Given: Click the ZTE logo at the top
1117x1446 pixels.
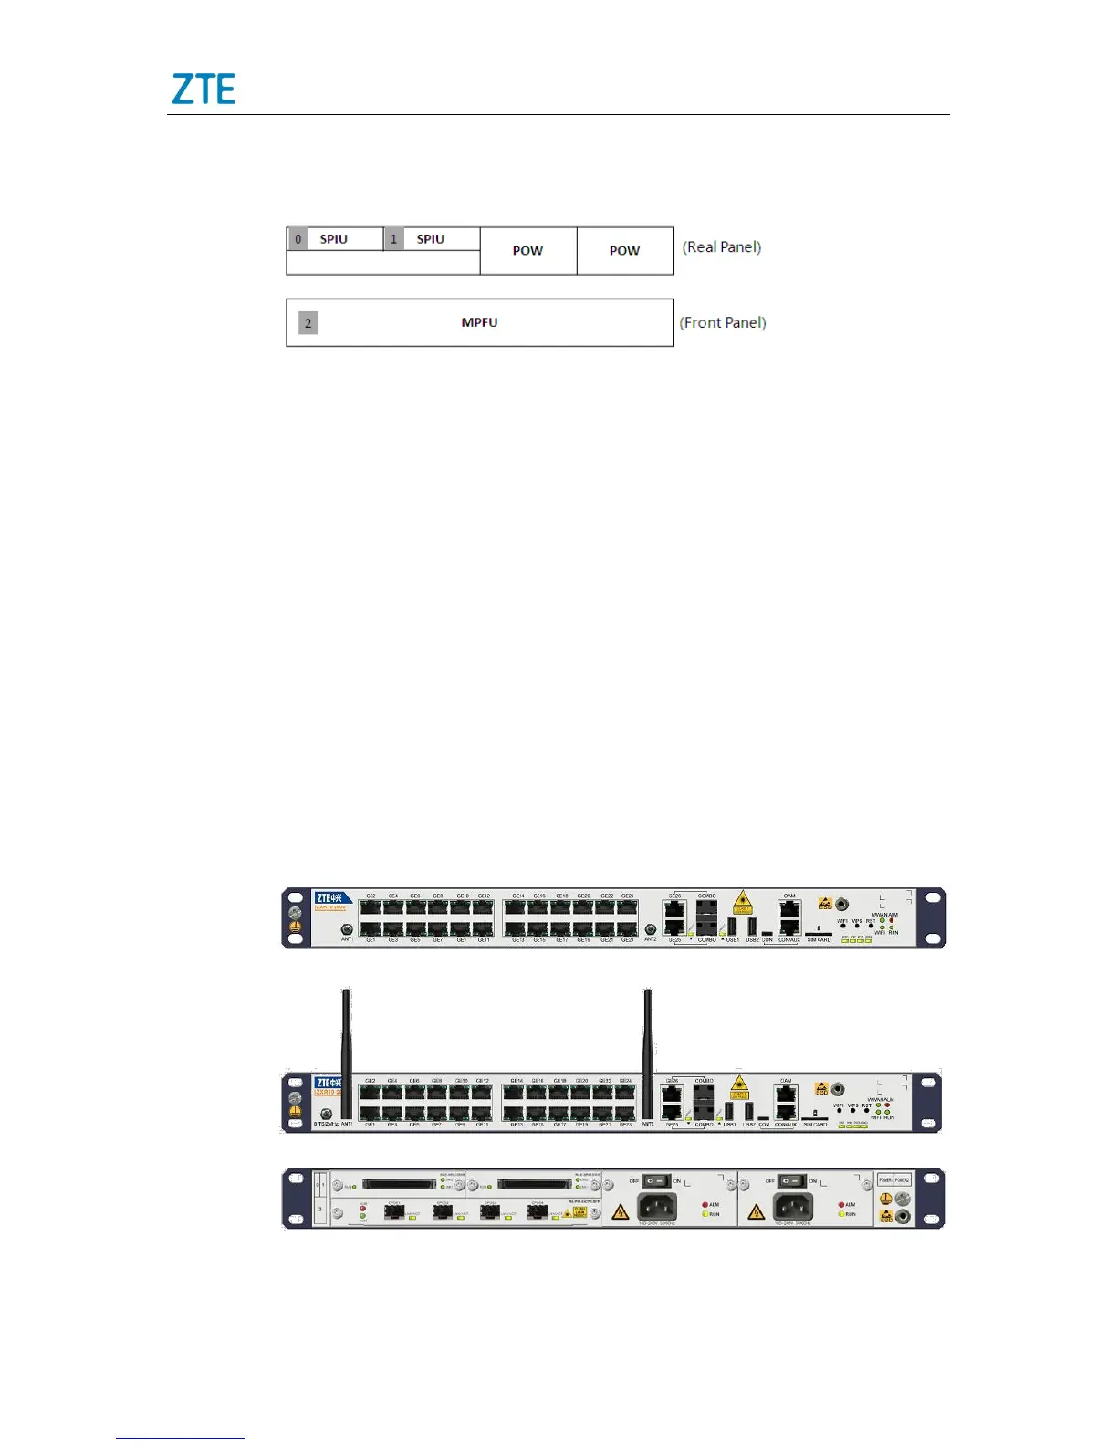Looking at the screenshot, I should pyautogui.click(x=204, y=89).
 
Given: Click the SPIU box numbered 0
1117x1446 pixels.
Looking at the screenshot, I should pyautogui.click(x=334, y=239).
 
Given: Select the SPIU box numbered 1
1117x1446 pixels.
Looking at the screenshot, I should pyautogui.click(x=431, y=239).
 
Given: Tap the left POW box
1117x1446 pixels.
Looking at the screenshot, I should pyautogui.click(x=527, y=250).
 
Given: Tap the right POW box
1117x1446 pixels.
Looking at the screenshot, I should pyautogui.click(x=625, y=250).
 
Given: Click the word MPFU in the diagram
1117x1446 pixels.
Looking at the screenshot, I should pyautogui.click(x=479, y=322).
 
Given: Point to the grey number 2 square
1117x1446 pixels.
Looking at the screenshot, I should pyautogui.click(x=308, y=323).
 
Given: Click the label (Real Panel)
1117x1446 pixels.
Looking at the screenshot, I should pyautogui.click(x=722, y=246).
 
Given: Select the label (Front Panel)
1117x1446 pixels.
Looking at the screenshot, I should pyautogui.click(x=723, y=322).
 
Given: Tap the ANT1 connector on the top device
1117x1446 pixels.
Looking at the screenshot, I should pyautogui.click(x=347, y=929).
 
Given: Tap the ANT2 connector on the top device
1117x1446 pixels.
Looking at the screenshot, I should pyautogui.click(x=650, y=929).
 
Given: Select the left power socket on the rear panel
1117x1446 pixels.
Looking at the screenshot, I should pyautogui.click(x=656, y=1206).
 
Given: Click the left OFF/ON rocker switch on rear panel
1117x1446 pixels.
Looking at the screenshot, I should pyautogui.click(x=656, y=1182).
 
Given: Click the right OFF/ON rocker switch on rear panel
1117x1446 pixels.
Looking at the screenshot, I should pyautogui.click(x=791, y=1182).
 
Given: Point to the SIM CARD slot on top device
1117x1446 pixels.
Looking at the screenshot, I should pyautogui.click(x=818, y=933).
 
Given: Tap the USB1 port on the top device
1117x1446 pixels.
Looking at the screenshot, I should pyautogui.click(x=732, y=926).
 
